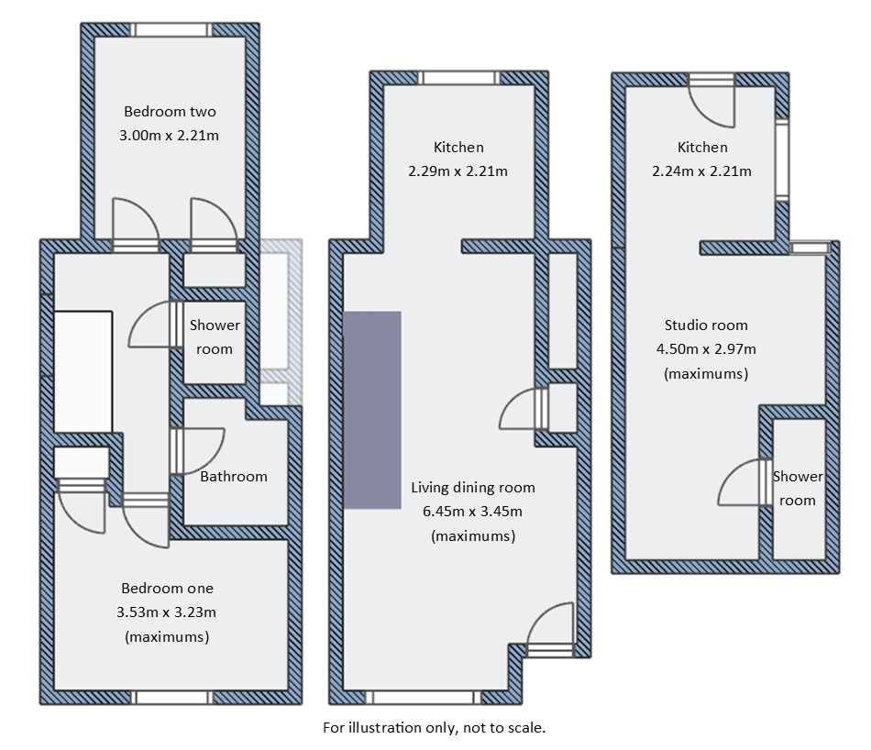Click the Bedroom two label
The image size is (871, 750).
click(x=170, y=112)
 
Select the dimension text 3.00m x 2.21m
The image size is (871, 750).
click(x=170, y=136)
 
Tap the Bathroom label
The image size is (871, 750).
click(x=234, y=476)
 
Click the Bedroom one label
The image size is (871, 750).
click(x=167, y=588)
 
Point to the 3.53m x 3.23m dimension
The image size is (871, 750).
click(x=167, y=612)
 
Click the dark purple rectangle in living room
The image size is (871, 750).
click(x=372, y=410)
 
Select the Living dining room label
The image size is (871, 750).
click(x=472, y=487)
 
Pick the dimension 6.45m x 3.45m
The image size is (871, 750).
click(x=472, y=512)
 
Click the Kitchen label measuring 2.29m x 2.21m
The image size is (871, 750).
click(x=458, y=147)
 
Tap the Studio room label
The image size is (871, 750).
click(x=706, y=325)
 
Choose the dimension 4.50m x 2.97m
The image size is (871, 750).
click(x=706, y=348)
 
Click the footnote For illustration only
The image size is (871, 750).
click(x=434, y=728)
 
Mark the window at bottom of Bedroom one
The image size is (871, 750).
click(x=173, y=698)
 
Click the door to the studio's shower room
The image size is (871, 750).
click(x=743, y=483)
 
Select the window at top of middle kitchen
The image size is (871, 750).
click(x=461, y=78)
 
